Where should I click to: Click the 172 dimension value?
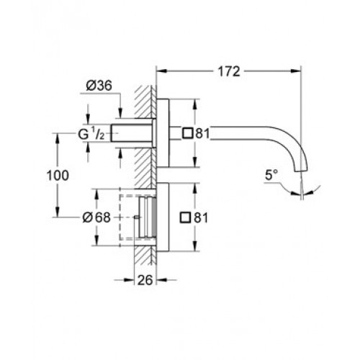pyautogui.click(x=229, y=71)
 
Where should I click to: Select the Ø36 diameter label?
pyautogui.click(x=99, y=86)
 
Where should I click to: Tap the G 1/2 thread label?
pyautogui.click(x=91, y=135)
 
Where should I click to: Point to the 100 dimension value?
pyautogui.click(x=58, y=176)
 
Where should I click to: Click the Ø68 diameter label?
pyautogui.click(x=96, y=217)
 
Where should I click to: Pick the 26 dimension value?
pyautogui.click(x=145, y=280)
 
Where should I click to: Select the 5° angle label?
pyautogui.click(x=271, y=174)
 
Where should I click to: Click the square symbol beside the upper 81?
pyautogui.click(x=188, y=133)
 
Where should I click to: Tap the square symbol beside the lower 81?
pyautogui.click(x=185, y=217)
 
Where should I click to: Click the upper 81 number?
pyautogui.click(x=202, y=133)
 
